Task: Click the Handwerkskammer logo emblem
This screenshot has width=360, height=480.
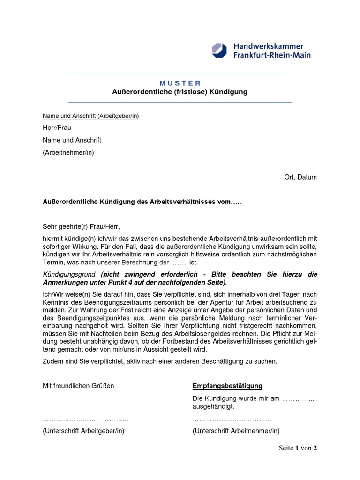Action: (x=219, y=51)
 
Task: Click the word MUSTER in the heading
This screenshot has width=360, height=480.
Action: (x=180, y=83)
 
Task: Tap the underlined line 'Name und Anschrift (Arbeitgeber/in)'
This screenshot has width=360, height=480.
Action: (x=90, y=116)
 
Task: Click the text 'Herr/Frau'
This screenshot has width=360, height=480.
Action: (x=57, y=127)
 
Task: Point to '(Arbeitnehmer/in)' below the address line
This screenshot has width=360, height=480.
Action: (x=68, y=152)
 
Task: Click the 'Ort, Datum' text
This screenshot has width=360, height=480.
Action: (x=300, y=177)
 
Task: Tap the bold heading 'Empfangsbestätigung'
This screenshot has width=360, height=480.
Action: (x=227, y=386)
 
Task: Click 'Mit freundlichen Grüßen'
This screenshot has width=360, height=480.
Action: (x=78, y=386)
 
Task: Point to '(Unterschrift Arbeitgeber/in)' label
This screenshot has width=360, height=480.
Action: (x=83, y=431)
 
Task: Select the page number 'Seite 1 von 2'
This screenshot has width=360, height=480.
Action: (x=298, y=448)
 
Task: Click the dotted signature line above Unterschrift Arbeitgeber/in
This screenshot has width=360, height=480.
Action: (x=85, y=420)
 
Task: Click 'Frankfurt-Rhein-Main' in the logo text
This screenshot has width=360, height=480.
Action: (x=272, y=55)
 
